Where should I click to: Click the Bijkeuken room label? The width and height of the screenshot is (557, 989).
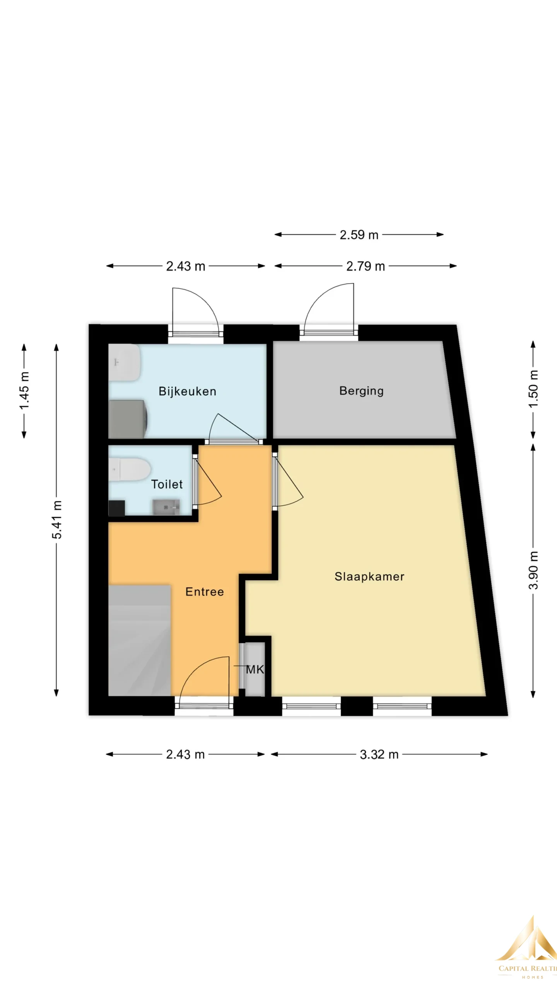tap(187, 391)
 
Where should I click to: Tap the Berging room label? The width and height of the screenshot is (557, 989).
tap(362, 391)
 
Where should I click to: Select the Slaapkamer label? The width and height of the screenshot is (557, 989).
tap(369, 576)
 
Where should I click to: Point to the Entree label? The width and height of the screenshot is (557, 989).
tap(205, 592)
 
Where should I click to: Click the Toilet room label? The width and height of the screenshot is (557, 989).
tap(167, 484)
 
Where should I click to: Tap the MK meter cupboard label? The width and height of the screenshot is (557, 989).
tap(255, 670)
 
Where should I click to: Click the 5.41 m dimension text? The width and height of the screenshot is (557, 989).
tap(57, 520)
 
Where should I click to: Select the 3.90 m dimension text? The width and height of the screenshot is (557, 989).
tap(533, 570)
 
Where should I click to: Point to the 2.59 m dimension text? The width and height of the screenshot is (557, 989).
tap(359, 235)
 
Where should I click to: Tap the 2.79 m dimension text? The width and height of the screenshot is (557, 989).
tap(366, 266)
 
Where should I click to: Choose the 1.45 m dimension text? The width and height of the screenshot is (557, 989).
tap(24, 391)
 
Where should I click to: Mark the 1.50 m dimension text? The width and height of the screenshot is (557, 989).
tap(533, 389)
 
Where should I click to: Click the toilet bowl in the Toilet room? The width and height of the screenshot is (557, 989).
tap(129, 469)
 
